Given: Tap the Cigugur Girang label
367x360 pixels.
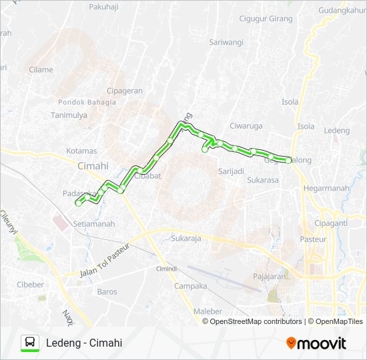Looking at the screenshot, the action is tap(266, 19).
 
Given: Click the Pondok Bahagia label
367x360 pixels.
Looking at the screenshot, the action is tap(87, 102).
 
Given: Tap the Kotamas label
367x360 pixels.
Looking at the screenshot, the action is tap(81, 151).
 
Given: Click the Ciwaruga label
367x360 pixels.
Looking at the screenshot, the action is tap(246, 125).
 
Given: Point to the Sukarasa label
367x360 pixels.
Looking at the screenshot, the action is tap(262, 180).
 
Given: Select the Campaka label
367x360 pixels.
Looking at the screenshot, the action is tap(190, 286).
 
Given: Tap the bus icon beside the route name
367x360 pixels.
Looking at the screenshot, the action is tap(30, 343).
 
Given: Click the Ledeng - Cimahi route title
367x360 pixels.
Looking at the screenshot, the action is tap(84, 343).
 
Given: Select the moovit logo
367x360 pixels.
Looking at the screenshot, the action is tap(316, 343).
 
